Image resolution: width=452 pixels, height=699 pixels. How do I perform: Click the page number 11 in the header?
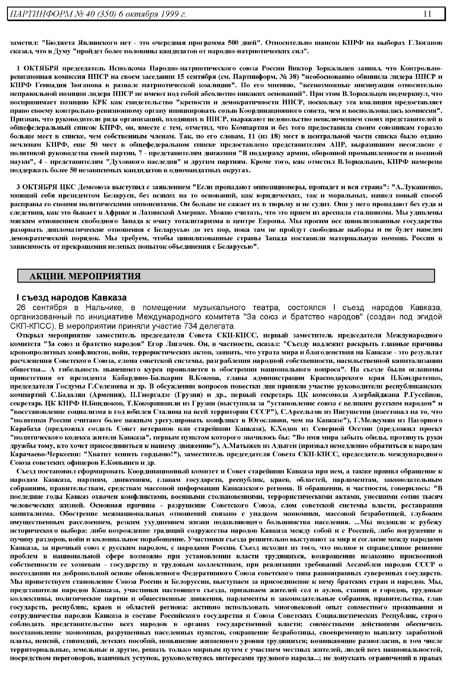click(427, 14)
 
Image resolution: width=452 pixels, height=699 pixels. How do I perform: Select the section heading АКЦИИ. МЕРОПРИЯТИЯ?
click(85, 276)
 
